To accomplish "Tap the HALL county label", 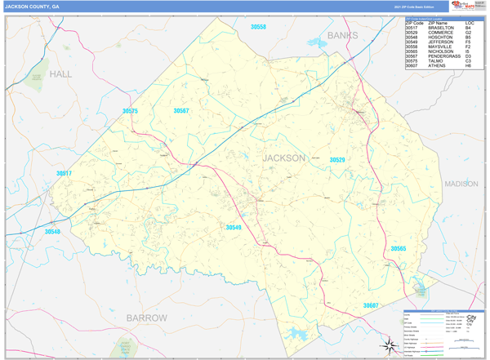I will [x=60, y=73].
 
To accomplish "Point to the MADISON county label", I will [x=461, y=184].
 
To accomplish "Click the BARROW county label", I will [x=146, y=317].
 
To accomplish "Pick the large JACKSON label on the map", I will [x=283, y=157].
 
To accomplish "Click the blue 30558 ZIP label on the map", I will [x=258, y=27].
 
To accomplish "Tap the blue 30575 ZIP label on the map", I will [x=131, y=111].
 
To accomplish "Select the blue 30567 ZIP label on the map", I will [x=181, y=110].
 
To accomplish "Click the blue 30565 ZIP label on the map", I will [x=398, y=248].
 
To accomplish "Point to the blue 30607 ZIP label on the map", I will [x=371, y=304].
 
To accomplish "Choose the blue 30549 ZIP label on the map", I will [x=234, y=227].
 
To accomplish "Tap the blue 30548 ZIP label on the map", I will [x=52, y=232].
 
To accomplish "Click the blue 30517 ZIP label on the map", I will [x=64, y=173].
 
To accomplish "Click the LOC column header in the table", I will [x=470, y=22].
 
